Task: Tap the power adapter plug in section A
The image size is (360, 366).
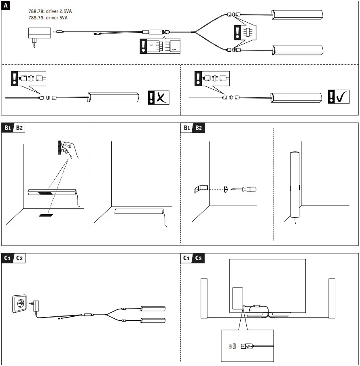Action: pos(39,35)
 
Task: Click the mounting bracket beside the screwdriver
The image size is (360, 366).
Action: pos(201,188)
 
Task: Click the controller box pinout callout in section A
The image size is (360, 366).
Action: pos(160,46)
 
